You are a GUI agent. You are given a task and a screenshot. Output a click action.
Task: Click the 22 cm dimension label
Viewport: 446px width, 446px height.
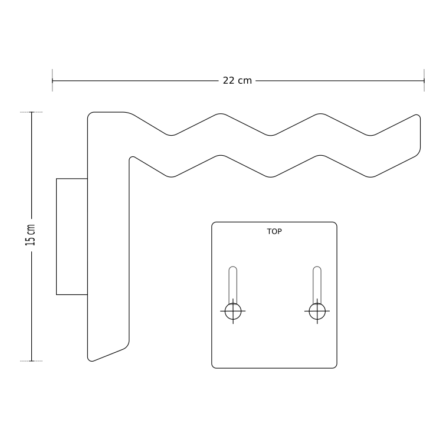pos(237,81)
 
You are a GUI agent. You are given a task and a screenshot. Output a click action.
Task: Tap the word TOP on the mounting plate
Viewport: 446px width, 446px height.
pos(274,232)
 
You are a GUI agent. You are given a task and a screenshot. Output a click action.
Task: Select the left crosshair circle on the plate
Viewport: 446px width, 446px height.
pos(234,310)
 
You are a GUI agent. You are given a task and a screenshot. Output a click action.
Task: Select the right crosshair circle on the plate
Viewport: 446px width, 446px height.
pos(317,310)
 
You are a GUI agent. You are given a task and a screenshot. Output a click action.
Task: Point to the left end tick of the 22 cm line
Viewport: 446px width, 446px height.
pos(53,81)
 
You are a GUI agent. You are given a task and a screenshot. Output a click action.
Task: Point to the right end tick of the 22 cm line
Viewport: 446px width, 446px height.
pos(424,81)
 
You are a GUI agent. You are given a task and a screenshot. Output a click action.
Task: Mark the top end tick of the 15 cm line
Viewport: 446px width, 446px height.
pos(31,112)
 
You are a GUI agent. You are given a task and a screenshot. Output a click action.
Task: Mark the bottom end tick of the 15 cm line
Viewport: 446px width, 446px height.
pos(31,360)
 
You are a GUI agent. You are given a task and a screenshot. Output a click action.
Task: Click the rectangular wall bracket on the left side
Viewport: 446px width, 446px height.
pos(71,236)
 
